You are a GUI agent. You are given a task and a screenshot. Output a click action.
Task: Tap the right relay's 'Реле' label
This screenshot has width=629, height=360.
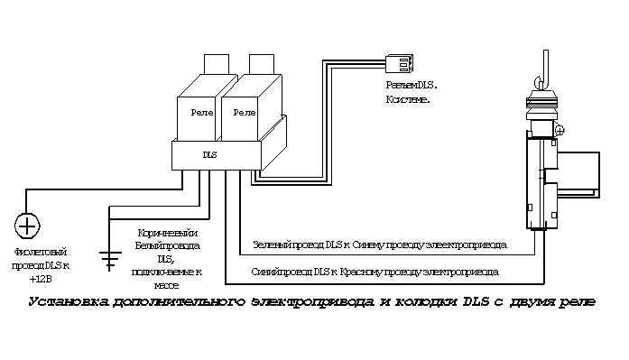244,112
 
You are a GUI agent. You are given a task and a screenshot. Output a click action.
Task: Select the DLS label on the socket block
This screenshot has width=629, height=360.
209,155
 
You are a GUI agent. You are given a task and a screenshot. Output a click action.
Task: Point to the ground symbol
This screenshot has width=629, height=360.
109,260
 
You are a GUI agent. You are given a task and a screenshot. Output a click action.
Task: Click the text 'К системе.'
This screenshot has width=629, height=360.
408,98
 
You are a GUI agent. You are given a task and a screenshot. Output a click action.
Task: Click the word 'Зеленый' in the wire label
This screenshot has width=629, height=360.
270,245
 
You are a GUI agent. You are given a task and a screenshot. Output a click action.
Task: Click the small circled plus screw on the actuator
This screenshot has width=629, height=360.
560,131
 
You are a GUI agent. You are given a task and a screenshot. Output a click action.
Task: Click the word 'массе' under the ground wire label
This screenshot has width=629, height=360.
168,282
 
